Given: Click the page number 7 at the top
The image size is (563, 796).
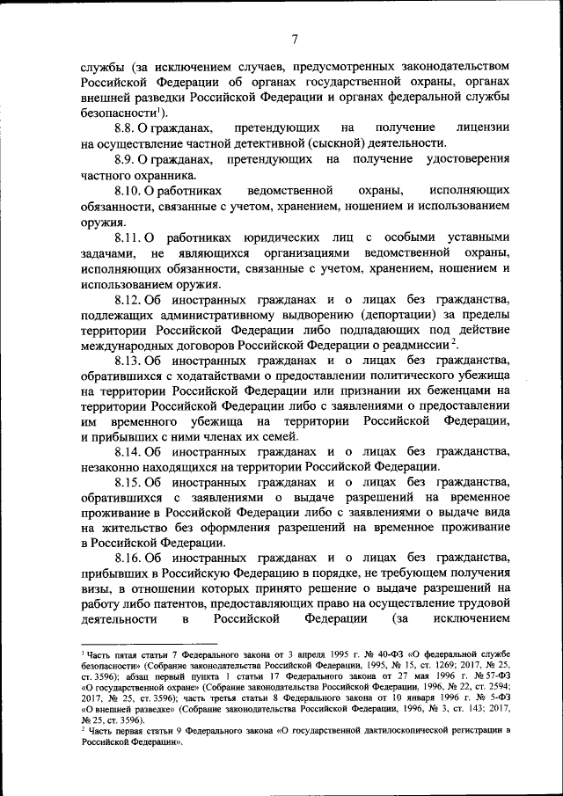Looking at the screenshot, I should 296,38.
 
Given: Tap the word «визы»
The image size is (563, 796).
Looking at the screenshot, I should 93,590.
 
